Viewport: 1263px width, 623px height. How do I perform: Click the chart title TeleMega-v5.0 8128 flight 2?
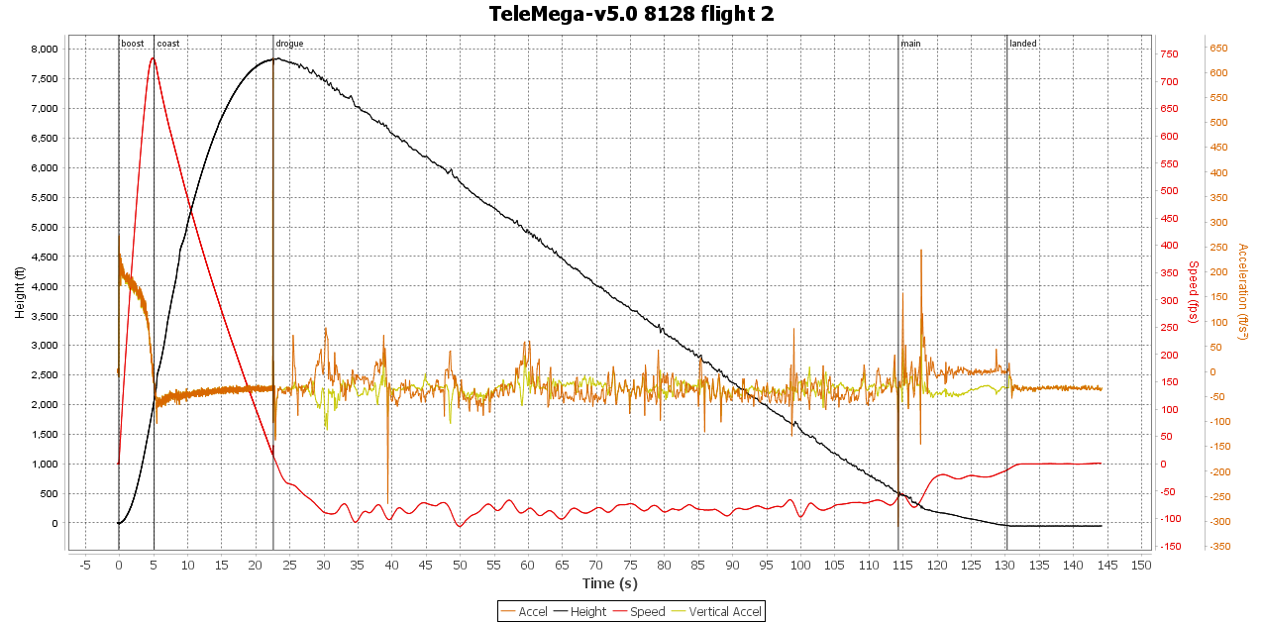click(631, 14)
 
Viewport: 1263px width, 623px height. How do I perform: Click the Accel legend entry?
click(525, 611)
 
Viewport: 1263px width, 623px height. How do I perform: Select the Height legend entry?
click(579, 611)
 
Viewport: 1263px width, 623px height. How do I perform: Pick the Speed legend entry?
click(639, 611)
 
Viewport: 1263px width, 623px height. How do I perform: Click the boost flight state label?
click(132, 44)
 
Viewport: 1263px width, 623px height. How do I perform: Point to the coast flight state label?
click(168, 44)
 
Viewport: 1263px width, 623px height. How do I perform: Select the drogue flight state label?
click(289, 44)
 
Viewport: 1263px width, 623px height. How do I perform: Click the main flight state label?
click(910, 44)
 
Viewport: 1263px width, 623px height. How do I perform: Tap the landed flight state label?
click(1023, 44)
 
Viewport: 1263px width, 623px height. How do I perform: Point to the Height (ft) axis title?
click(19, 292)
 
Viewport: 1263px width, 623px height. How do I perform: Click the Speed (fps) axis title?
click(1193, 292)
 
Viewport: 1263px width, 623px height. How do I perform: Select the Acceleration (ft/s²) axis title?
click(1243, 292)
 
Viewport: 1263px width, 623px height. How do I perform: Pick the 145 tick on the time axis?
click(1107, 565)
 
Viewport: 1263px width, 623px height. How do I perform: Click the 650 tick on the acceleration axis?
click(1218, 49)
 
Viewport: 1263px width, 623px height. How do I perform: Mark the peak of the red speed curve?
click(153, 57)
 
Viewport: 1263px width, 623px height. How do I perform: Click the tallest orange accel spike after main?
click(921, 250)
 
